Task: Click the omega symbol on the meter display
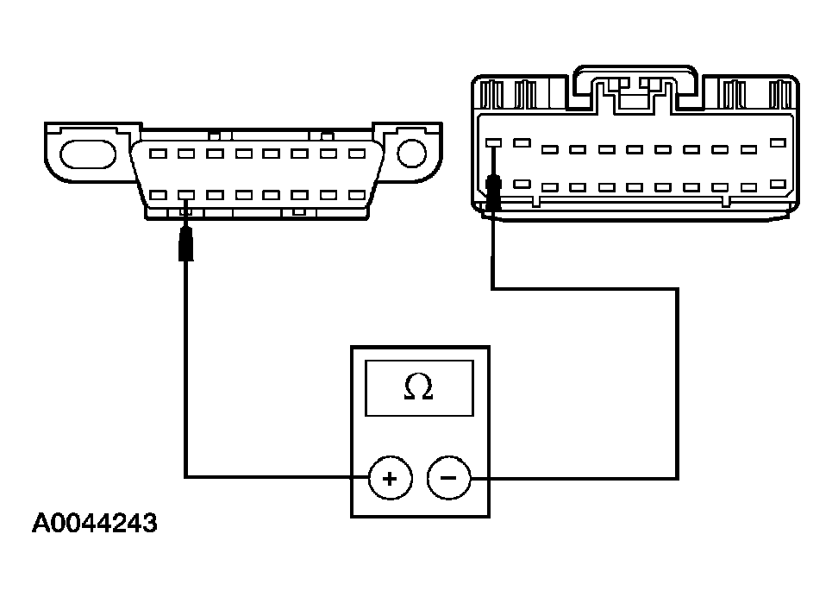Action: [x=418, y=389]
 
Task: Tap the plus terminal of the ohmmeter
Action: [x=390, y=478]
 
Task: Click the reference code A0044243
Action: [x=95, y=524]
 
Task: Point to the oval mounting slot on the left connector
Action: [x=86, y=154]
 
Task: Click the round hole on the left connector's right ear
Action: [x=412, y=154]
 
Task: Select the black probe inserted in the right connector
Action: [x=495, y=193]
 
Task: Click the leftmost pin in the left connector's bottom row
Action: [x=159, y=195]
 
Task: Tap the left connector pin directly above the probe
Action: [x=186, y=195]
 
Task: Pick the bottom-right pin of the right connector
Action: [x=779, y=184]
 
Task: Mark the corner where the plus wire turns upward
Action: [x=185, y=475]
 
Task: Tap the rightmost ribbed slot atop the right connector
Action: [x=781, y=94]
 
